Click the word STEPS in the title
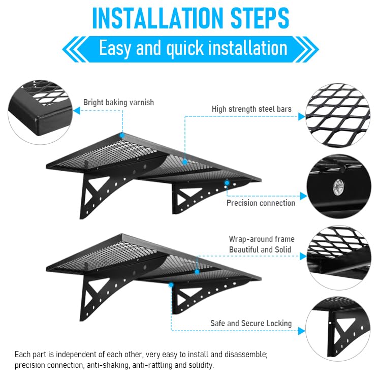[x=260, y=18]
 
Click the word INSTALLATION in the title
[x=157, y=18]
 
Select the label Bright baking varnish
[x=118, y=102]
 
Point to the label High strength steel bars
[x=251, y=109]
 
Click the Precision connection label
[x=261, y=203]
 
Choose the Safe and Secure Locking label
[x=251, y=324]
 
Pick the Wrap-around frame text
[x=262, y=239]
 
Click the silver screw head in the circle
[x=338, y=187]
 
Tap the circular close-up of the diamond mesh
[x=338, y=115]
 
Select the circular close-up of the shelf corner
[x=40, y=112]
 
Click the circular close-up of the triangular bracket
[x=338, y=329]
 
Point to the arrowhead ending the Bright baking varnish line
[x=77, y=111]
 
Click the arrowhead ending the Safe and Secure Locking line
[x=302, y=331]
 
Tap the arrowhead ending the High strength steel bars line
[x=302, y=116]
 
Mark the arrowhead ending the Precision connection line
[x=303, y=196]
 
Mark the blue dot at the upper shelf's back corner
[x=122, y=135]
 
